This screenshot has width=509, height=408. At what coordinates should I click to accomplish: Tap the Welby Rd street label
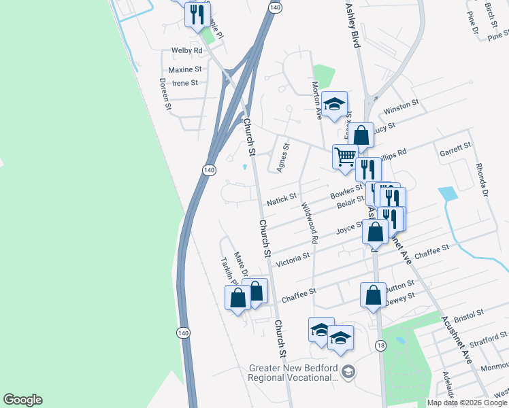[x=187, y=51]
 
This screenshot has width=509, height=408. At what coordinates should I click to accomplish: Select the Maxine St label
[x=185, y=69]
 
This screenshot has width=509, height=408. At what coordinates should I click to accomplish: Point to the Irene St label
[x=185, y=83]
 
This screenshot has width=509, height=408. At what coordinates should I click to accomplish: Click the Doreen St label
[x=164, y=94]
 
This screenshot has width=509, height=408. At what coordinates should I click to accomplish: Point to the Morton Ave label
[x=316, y=100]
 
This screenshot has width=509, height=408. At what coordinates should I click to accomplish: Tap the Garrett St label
[x=456, y=147]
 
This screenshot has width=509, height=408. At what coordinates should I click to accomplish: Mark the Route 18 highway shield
[x=380, y=347]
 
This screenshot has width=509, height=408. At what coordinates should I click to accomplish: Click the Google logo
[x=22, y=400]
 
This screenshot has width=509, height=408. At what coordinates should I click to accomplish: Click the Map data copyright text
[x=467, y=403]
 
